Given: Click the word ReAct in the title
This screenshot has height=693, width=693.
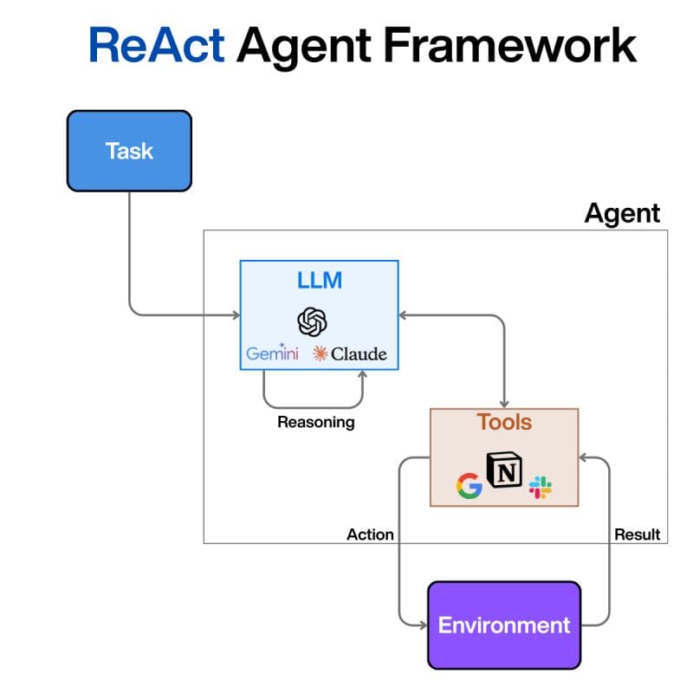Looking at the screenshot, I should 156,45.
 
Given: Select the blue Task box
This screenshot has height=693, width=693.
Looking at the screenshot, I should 129,151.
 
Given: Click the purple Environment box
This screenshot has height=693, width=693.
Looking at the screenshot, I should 504,625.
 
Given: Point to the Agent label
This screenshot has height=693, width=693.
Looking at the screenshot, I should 622,213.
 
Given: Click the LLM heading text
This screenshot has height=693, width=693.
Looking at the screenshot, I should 319,280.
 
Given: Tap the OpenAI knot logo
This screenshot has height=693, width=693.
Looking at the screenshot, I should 313,321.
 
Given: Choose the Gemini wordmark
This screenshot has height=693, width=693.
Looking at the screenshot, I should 272,353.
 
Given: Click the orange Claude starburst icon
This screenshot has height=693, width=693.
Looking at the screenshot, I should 321,353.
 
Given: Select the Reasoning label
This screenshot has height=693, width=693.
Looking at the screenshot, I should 315,423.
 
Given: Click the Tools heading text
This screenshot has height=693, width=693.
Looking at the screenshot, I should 504,423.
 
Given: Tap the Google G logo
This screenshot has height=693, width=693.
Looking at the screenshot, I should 469,487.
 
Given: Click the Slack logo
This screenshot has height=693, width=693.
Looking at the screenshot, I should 541,487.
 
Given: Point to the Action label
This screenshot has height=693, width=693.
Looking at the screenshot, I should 370,534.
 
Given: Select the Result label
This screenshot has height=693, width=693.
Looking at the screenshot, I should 637,534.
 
